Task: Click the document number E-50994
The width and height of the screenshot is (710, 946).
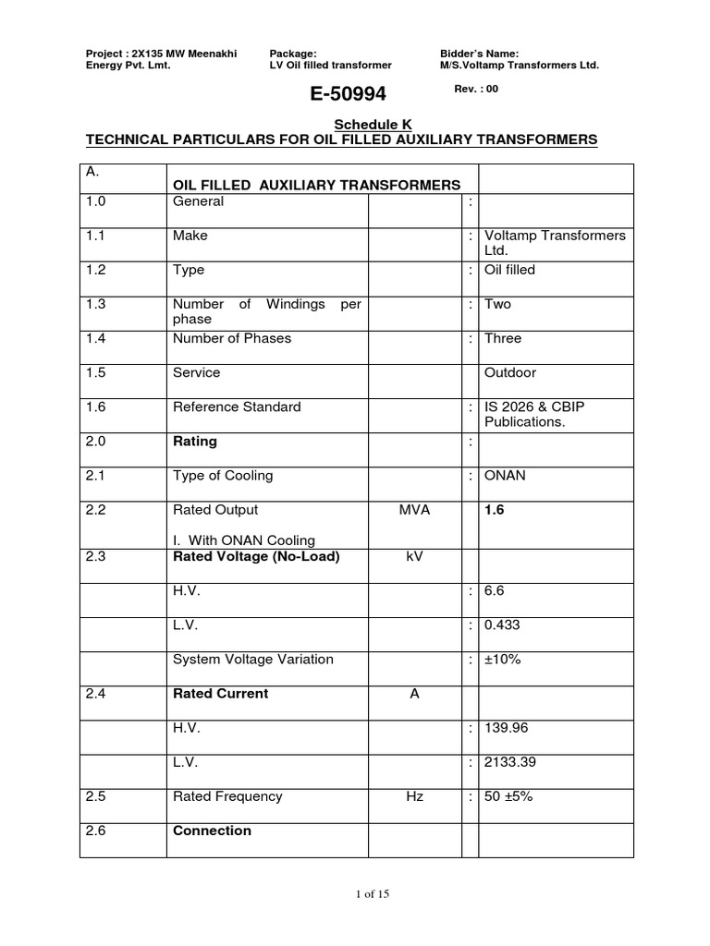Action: [x=341, y=94]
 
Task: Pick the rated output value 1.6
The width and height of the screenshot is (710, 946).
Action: [x=495, y=510]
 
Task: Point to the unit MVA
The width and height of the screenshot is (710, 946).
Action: [x=414, y=510]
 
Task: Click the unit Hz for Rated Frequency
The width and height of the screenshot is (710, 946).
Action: [x=414, y=796]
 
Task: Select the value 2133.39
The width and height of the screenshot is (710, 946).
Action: [x=509, y=762]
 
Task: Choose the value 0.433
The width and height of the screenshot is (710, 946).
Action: [x=502, y=625]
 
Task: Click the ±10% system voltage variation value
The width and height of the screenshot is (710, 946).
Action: [x=502, y=660]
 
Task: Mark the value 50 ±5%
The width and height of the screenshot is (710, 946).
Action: [x=509, y=796]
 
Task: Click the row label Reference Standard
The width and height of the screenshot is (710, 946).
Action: [x=237, y=406]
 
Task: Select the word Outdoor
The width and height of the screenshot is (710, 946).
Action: [x=510, y=372]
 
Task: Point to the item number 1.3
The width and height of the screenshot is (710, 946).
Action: [x=95, y=304]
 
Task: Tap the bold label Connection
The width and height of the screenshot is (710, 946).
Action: [x=212, y=831]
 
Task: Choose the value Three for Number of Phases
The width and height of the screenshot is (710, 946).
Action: [x=503, y=338]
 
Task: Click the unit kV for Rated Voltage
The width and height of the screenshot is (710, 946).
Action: [x=414, y=557]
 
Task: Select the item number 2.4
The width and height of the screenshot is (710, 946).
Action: [x=95, y=694]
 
